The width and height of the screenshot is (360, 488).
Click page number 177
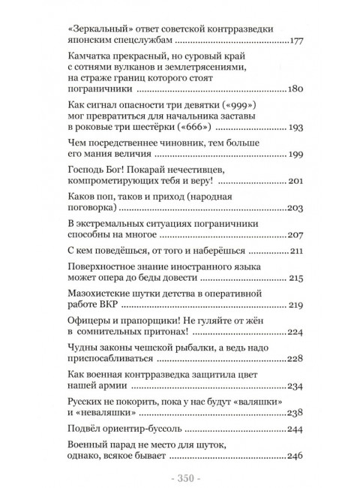click(295, 41)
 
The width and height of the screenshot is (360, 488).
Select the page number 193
click(295, 128)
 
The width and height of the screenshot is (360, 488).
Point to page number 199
click(295, 155)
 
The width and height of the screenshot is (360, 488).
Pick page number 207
click(295, 233)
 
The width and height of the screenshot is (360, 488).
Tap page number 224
click(295, 331)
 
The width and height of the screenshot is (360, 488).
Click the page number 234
click(295, 387)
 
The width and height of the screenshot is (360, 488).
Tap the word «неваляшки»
click(115, 413)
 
